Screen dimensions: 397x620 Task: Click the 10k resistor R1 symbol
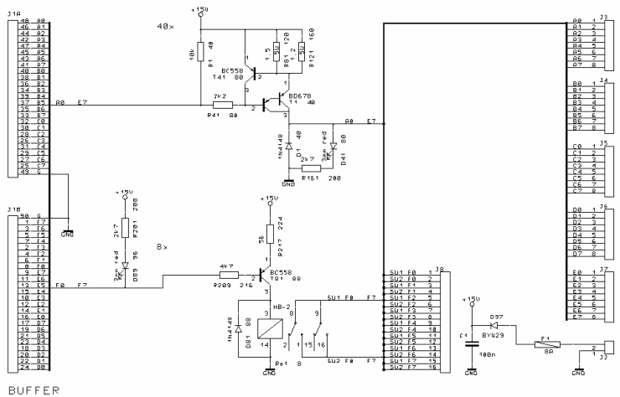tap(199, 51)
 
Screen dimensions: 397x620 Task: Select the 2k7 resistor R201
tap(124, 228)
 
